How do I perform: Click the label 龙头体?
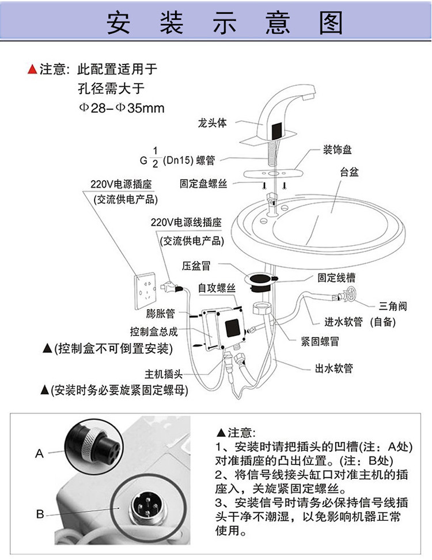coord(212,123)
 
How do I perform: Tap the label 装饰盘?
coord(338,149)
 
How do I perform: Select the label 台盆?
coord(349,172)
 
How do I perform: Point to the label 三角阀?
coord(393,306)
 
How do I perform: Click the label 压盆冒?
coord(196,266)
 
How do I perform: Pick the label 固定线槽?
coord(336,277)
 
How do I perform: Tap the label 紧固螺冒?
coord(320,341)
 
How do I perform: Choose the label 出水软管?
coord(334,368)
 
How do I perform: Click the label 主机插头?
coord(164,374)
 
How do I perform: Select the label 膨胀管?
coord(161,314)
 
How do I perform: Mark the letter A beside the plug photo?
coord(39,454)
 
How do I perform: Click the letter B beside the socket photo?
coord(40,514)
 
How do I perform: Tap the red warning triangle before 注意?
coord(32,69)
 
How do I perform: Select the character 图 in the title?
coord(331,22)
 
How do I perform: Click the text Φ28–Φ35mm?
coord(122,108)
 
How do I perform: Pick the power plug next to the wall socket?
coord(172,287)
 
